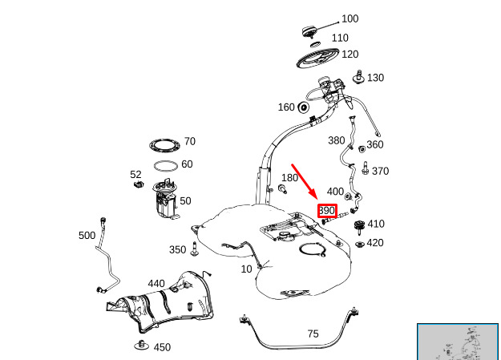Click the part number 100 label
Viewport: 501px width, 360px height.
click(x=349, y=18)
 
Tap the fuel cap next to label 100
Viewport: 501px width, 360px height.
click(x=309, y=32)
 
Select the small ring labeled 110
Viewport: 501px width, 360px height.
click(x=315, y=44)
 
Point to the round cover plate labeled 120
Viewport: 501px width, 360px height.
click(x=317, y=59)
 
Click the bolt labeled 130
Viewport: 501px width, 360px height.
click(x=359, y=77)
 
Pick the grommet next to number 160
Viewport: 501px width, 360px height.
click(x=303, y=107)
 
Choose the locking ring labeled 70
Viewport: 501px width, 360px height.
click(x=164, y=145)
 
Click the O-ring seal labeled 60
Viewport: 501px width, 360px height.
click(x=165, y=166)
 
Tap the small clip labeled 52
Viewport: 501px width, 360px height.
click(x=139, y=184)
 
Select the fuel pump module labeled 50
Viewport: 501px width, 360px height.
click(x=165, y=199)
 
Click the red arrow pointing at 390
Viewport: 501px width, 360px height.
click(x=304, y=181)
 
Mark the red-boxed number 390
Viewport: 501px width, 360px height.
click(x=327, y=211)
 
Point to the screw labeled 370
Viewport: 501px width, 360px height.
click(x=366, y=168)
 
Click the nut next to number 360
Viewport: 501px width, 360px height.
click(x=362, y=149)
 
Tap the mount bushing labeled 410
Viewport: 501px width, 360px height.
click(x=360, y=227)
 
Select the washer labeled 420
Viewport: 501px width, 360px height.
click(x=360, y=245)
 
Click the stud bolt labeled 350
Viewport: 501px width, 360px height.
click(x=194, y=249)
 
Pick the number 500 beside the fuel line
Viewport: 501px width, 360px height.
click(x=87, y=235)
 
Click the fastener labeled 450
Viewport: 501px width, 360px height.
click(x=142, y=345)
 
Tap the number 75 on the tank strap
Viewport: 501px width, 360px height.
click(x=313, y=334)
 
